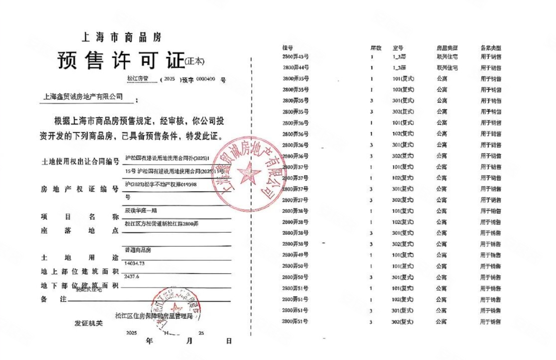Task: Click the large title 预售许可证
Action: click(120, 61)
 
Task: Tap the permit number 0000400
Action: click(205, 80)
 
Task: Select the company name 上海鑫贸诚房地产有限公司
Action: click(83, 96)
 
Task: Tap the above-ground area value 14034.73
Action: click(135, 263)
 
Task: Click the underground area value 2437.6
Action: click(132, 277)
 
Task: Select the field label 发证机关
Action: click(89, 323)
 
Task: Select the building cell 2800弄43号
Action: click(296, 56)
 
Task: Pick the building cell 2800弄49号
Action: click(296, 255)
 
